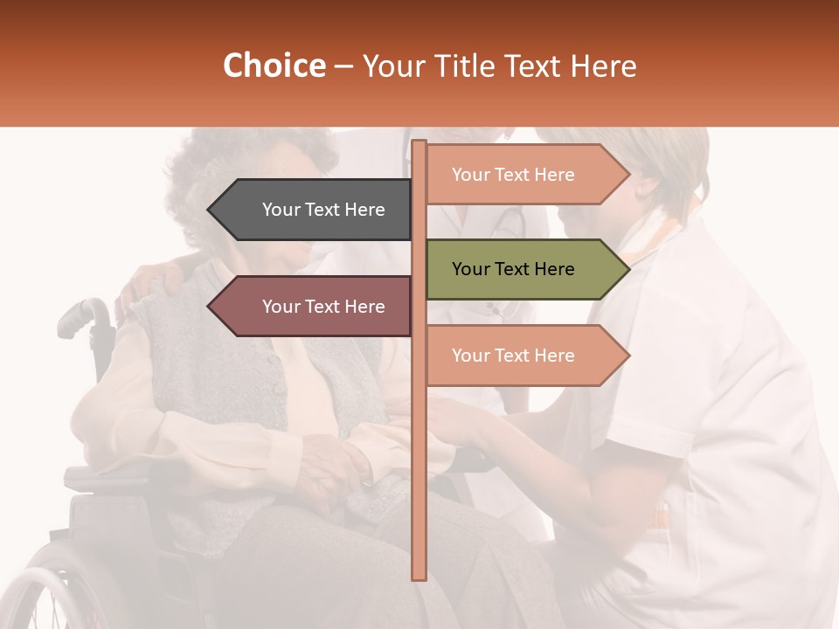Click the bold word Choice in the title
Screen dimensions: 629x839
pos(274,66)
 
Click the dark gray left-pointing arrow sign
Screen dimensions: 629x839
pos(315,210)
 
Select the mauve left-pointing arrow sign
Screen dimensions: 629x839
pos(315,307)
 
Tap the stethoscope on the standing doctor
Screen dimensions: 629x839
pos(507,224)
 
